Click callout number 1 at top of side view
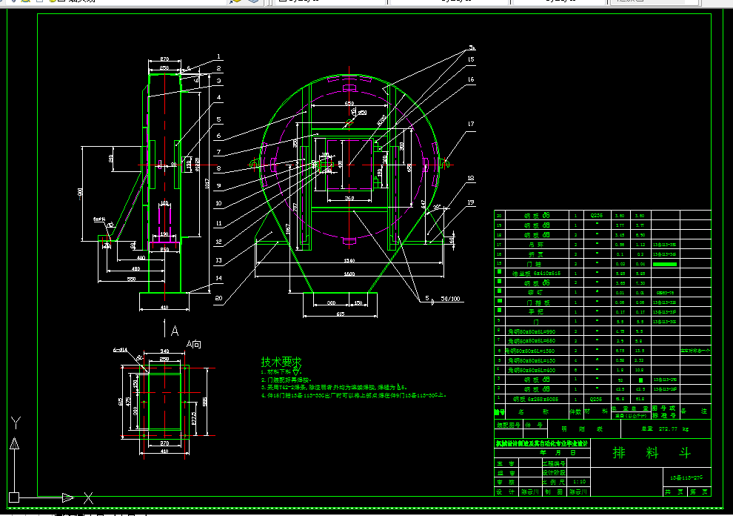[x=219, y=56]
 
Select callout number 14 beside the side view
[x=219, y=277]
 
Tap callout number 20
[x=219, y=298]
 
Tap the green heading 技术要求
[x=281, y=363]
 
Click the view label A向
[x=194, y=344]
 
